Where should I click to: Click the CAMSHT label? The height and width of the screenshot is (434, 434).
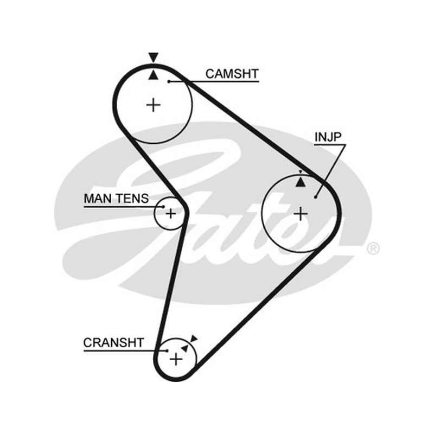(x=232, y=74)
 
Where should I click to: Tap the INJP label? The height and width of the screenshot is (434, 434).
(x=328, y=137)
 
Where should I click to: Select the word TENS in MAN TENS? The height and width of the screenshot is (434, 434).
(x=132, y=199)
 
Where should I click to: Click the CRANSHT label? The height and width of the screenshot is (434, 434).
(x=113, y=343)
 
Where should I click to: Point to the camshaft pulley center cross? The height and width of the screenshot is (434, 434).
(x=154, y=105)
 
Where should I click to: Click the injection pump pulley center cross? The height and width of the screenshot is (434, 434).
(x=301, y=214)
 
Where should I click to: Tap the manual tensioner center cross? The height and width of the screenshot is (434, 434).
(x=170, y=213)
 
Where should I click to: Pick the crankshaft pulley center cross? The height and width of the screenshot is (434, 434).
(x=176, y=360)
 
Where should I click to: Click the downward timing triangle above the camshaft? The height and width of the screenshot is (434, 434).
(x=154, y=57)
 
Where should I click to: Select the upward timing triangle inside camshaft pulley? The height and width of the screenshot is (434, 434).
(x=154, y=75)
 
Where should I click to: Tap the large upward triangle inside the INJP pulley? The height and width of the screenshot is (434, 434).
(x=301, y=182)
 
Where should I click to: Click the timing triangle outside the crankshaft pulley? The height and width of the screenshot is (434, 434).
(x=194, y=339)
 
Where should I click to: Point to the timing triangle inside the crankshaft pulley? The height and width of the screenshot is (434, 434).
(x=184, y=348)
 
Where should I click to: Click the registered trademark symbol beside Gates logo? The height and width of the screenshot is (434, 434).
(x=373, y=249)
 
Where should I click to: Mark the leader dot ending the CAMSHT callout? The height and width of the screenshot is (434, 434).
(x=169, y=81)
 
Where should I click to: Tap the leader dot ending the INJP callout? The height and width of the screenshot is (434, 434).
(x=316, y=197)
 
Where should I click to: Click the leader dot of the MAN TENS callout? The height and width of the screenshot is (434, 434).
(x=163, y=207)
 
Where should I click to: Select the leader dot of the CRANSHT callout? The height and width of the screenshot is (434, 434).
(x=167, y=351)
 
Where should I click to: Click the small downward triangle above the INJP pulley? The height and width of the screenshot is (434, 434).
(x=301, y=172)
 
